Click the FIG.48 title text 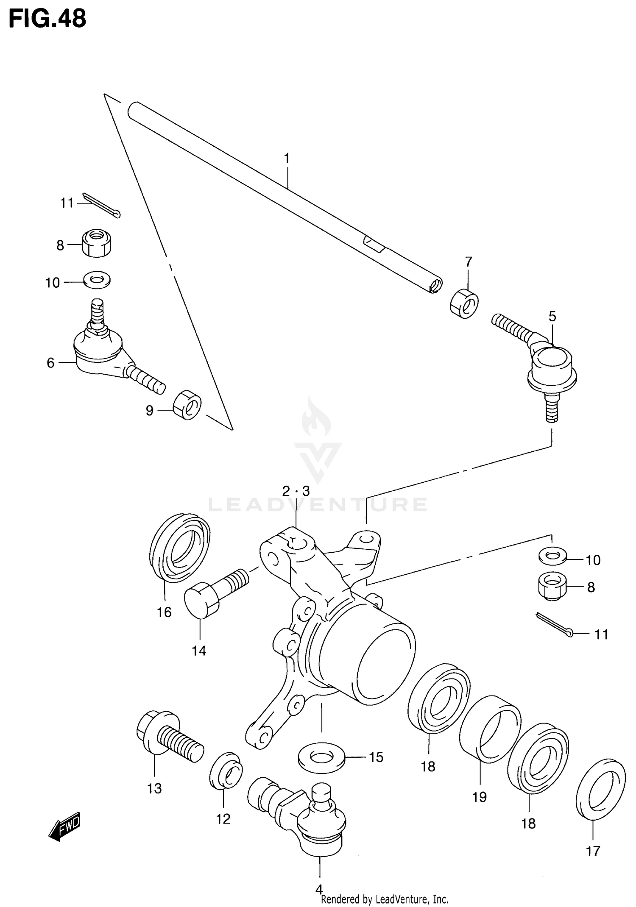click(x=47, y=19)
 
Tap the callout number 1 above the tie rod click(x=287, y=159)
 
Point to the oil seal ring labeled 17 click(x=601, y=790)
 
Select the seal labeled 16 click(x=180, y=547)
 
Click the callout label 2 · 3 click(x=296, y=491)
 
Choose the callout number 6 click(x=50, y=363)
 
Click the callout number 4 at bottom click(x=319, y=888)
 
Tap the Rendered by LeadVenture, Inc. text click(x=384, y=899)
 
